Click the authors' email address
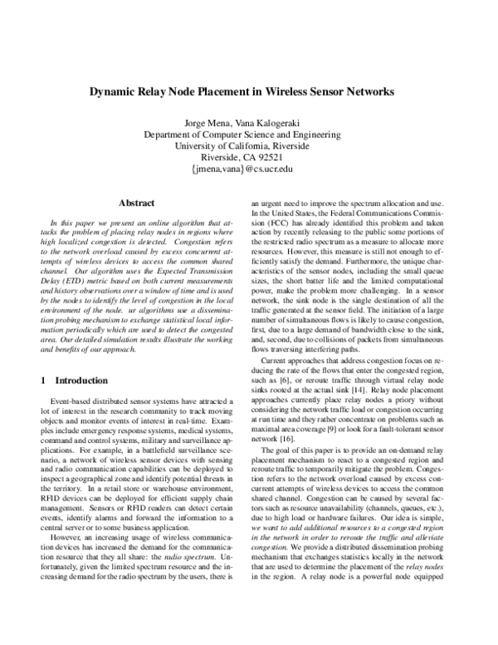(x=248, y=168)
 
